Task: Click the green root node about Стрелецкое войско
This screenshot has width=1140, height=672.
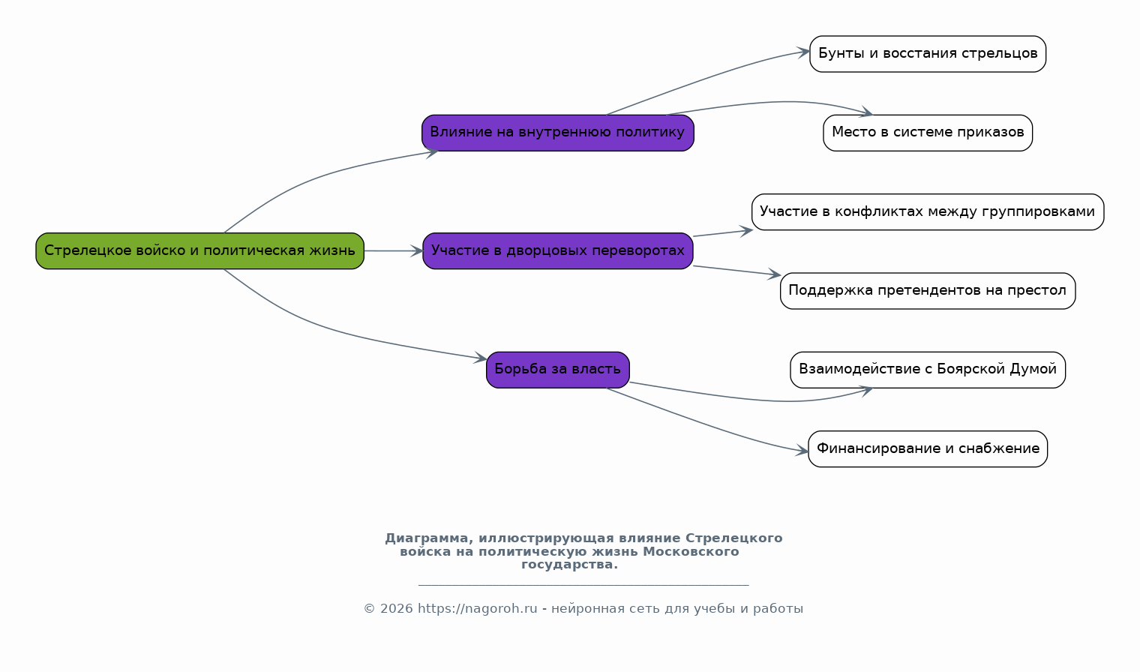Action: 200,251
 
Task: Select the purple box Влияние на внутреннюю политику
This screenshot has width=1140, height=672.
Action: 558,133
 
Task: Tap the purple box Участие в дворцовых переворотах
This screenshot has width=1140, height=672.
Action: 558,251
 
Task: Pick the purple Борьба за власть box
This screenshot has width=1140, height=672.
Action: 558,370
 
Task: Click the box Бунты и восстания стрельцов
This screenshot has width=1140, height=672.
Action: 928,54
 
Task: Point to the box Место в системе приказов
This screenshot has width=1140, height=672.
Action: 928,133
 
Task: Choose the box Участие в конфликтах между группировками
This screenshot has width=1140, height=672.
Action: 928,211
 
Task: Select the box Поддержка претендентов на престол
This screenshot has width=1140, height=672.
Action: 928,291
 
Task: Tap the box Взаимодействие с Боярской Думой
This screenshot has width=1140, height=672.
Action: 928,370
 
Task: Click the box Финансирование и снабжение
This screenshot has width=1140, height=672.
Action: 928,448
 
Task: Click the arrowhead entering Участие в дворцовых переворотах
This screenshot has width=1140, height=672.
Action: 417,251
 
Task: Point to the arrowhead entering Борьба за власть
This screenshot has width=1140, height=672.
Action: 481,358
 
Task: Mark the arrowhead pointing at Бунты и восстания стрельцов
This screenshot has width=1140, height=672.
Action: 804,52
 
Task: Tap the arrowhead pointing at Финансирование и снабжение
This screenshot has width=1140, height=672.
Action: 802,450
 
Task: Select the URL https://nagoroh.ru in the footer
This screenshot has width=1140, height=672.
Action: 477,609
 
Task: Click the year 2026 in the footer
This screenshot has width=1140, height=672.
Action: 397,609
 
